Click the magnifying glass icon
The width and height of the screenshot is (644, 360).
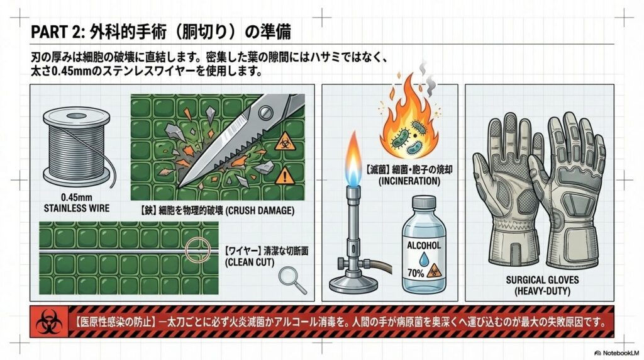point(290,279)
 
